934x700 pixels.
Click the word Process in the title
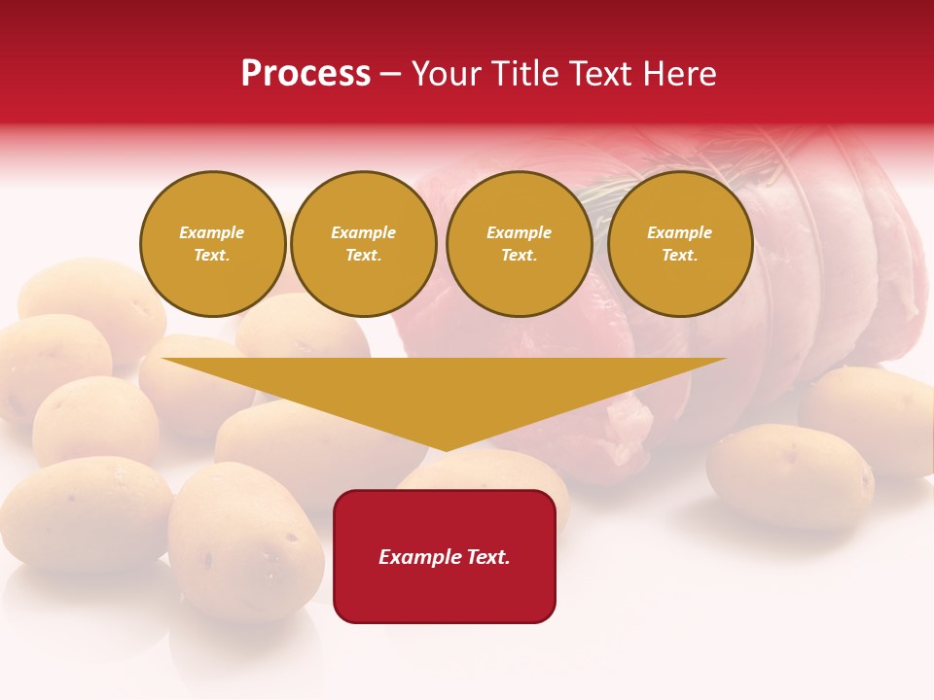305,74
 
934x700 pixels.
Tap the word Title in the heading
523,74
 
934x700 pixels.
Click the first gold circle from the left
212,244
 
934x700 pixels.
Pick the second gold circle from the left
364,244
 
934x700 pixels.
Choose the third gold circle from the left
520,244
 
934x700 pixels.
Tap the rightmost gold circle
680,244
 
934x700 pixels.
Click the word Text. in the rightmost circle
680,256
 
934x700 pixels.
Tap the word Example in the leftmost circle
212,232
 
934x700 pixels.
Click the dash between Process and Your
391,74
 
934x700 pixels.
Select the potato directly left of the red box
245,540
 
